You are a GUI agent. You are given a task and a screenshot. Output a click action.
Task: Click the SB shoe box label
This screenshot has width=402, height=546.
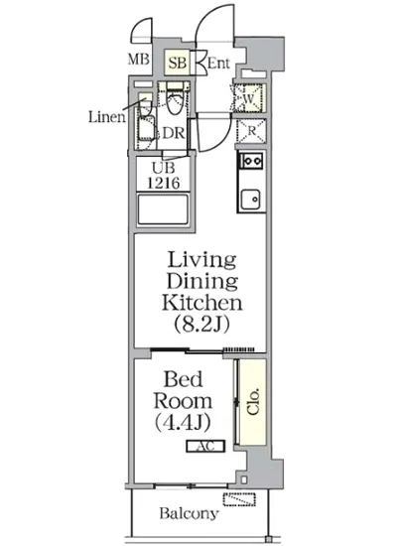click(178, 63)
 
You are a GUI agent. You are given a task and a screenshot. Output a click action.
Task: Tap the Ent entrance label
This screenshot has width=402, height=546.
click(218, 63)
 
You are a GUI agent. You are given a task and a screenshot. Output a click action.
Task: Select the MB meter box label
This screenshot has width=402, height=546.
click(139, 60)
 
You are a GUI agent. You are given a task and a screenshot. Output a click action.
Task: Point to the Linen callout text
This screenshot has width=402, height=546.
click(107, 117)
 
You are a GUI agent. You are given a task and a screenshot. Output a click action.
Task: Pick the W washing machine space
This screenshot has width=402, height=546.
click(248, 98)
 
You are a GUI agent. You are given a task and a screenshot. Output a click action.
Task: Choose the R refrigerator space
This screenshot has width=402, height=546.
click(251, 131)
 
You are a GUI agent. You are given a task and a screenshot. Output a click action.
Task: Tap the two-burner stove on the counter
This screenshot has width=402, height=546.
click(250, 161)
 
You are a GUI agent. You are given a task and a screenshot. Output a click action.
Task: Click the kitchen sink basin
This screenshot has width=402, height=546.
click(251, 200)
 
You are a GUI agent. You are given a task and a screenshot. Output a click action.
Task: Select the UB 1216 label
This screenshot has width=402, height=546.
click(163, 176)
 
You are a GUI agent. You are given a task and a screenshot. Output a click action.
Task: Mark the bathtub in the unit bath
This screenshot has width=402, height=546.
click(163, 209)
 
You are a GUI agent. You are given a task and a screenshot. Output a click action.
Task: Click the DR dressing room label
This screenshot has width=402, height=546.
click(174, 133)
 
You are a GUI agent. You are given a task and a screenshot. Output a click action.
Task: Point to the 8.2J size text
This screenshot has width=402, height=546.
click(201, 324)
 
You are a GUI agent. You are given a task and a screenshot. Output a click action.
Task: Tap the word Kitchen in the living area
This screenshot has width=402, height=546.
click(201, 303)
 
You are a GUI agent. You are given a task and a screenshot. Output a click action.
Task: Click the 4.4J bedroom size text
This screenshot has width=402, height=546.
click(183, 422)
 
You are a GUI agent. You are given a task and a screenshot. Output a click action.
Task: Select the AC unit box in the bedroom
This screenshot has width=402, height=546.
click(205, 446)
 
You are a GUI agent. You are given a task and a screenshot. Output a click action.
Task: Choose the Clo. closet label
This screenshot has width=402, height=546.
click(254, 401)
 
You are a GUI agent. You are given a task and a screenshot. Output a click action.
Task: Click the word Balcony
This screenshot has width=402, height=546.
click(189, 513)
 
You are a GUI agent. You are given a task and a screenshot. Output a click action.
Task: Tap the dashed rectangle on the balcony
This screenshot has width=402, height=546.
click(239, 499)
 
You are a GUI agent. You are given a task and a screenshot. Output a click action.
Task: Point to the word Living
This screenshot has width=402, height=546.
click(201, 260)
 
